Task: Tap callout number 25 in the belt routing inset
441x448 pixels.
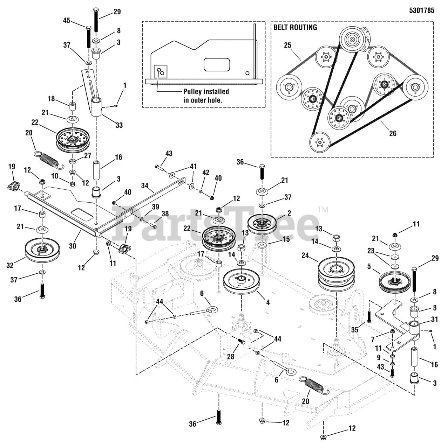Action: (287, 45)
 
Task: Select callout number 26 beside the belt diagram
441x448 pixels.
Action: (393, 133)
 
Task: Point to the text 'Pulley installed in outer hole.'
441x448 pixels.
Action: (206, 96)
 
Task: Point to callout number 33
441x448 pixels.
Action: (119, 125)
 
